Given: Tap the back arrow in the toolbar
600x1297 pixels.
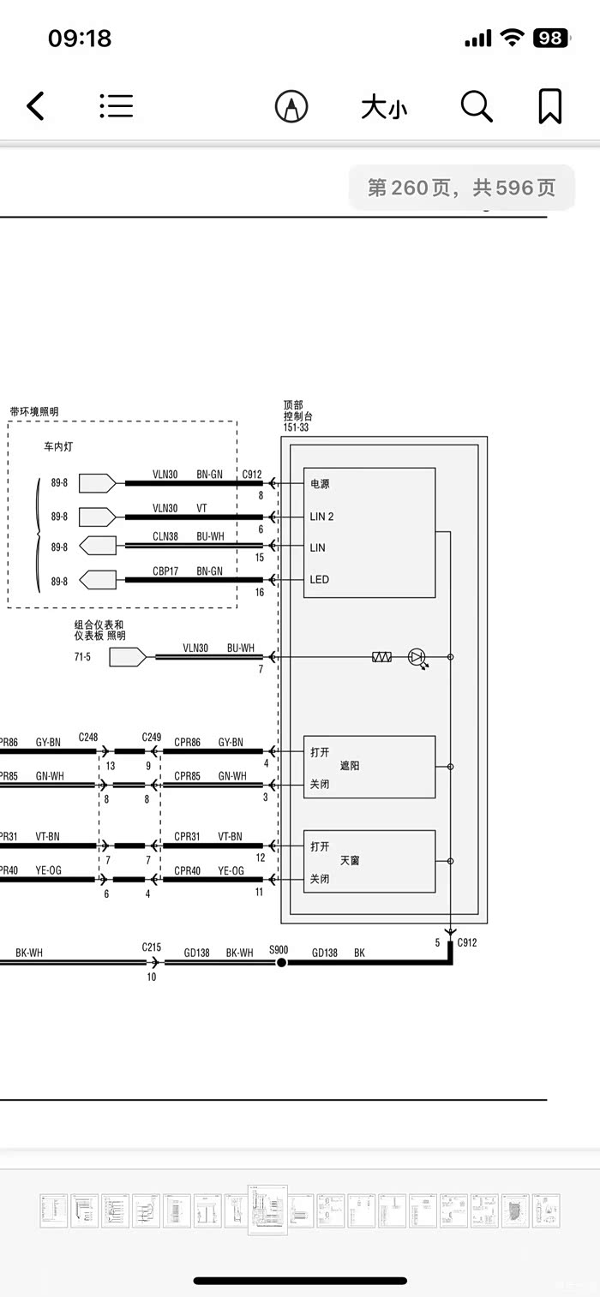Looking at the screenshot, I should click(x=35, y=107).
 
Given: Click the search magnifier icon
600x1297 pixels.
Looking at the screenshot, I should click(x=477, y=107).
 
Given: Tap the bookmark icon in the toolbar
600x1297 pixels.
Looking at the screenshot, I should click(x=549, y=107).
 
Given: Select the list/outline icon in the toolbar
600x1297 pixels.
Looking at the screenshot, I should click(x=116, y=105).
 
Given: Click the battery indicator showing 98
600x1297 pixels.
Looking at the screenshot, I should click(x=549, y=38).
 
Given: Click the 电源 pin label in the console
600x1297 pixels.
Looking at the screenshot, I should click(x=320, y=484).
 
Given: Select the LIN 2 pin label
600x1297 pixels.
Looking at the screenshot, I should click(x=322, y=517).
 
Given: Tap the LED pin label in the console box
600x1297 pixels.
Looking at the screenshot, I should click(x=320, y=580).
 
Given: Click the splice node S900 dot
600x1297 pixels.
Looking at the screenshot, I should click(x=281, y=963).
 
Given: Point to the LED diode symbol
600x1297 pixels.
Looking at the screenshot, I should click(x=417, y=657).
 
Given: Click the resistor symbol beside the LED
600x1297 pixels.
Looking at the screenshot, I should click(x=381, y=657).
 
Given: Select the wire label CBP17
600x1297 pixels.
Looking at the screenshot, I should click(x=165, y=571).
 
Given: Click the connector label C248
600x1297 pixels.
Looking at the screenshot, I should click(x=88, y=737).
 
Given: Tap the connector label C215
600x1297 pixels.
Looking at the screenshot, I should click(x=152, y=947).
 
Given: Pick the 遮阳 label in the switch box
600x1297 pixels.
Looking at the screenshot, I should click(x=350, y=766).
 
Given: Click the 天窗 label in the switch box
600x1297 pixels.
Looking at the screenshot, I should click(x=350, y=860).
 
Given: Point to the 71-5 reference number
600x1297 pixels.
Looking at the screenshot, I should click(x=82, y=656).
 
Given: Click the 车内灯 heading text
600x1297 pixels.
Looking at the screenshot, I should click(x=59, y=447).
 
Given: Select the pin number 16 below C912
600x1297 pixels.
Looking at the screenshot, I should click(x=259, y=592).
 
